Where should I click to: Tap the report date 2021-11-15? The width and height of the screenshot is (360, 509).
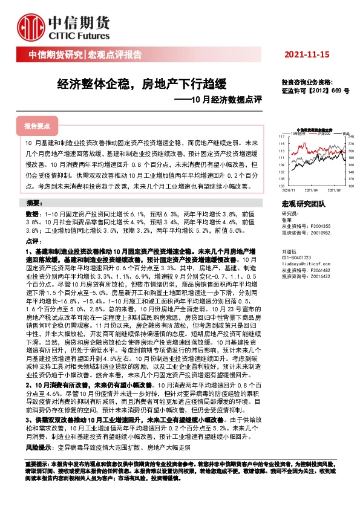[308, 54]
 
